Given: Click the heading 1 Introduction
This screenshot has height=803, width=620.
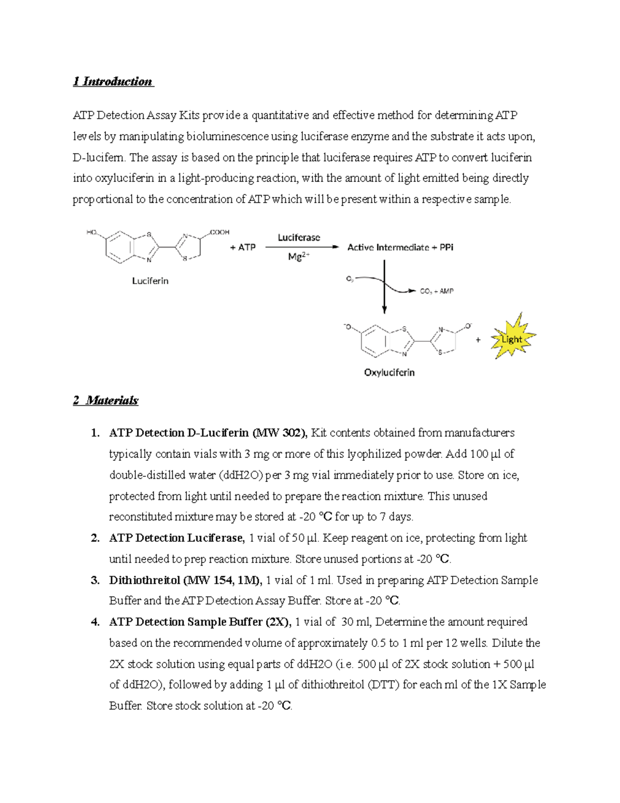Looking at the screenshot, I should tap(113, 82).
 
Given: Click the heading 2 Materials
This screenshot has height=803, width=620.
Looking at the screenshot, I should tap(106, 401).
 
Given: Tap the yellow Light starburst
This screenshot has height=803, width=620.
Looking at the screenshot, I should tap(512, 339).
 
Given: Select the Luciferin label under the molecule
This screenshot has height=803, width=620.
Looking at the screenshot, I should tap(150, 281).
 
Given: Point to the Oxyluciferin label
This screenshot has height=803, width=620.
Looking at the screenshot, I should tap(389, 372).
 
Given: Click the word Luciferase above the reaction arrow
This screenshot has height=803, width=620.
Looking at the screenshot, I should tap(299, 238).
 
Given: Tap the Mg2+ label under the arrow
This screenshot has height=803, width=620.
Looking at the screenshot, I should tap(299, 256).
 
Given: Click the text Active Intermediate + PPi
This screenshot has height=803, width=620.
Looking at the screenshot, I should tap(400, 248).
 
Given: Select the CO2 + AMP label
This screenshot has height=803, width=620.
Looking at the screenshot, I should tap(436, 292).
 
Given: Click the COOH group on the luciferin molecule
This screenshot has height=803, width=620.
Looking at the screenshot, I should tap(220, 232).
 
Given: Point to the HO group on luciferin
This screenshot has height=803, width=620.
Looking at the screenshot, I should tap(92, 232).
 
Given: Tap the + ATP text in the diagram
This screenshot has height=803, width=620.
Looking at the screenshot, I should tap(243, 248).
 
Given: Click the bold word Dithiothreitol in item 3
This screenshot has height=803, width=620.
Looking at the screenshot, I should tap(145, 580).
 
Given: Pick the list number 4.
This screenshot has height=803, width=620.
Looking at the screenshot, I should tap(95, 622).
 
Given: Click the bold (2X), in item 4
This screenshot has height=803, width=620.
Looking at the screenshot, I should tap(278, 622).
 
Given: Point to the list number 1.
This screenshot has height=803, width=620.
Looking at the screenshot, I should tap(95, 433).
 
